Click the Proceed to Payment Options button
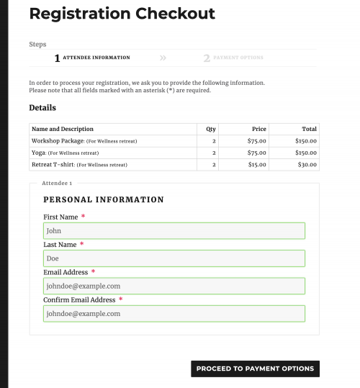pyautogui.click(x=255, y=369)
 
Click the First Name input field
pyautogui.click(x=174, y=231)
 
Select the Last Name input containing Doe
pyautogui.click(x=174, y=258)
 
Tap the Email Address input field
pyautogui.click(x=174, y=286)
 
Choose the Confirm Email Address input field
pyautogui.click(x=174, y=314)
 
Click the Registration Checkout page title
pyautogui.click(x=122, y=14)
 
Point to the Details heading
pyautogui.click(x=42, y=108)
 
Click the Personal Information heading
pyautogui.click(x=104, y=199)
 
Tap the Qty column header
pyautogui.click(x=211, y=129)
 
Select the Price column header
pyautogui.click(x=259, y=129)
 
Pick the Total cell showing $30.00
pyautogui.click(x=306, y=165)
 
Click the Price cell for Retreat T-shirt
pyautogui.click(x=257, y=165)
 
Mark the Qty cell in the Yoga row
pyautogui.click(x=214, y=153)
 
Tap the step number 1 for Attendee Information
pyautogui.click(x=57, y=58)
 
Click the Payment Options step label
pyautogui.click(x=238, y=58)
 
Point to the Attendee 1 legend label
pyautogui.click(x=57, y=184)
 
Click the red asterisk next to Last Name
pyautogui.click(x=81, y=245)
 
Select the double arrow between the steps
pyautogui.click(x=163, y=58)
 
